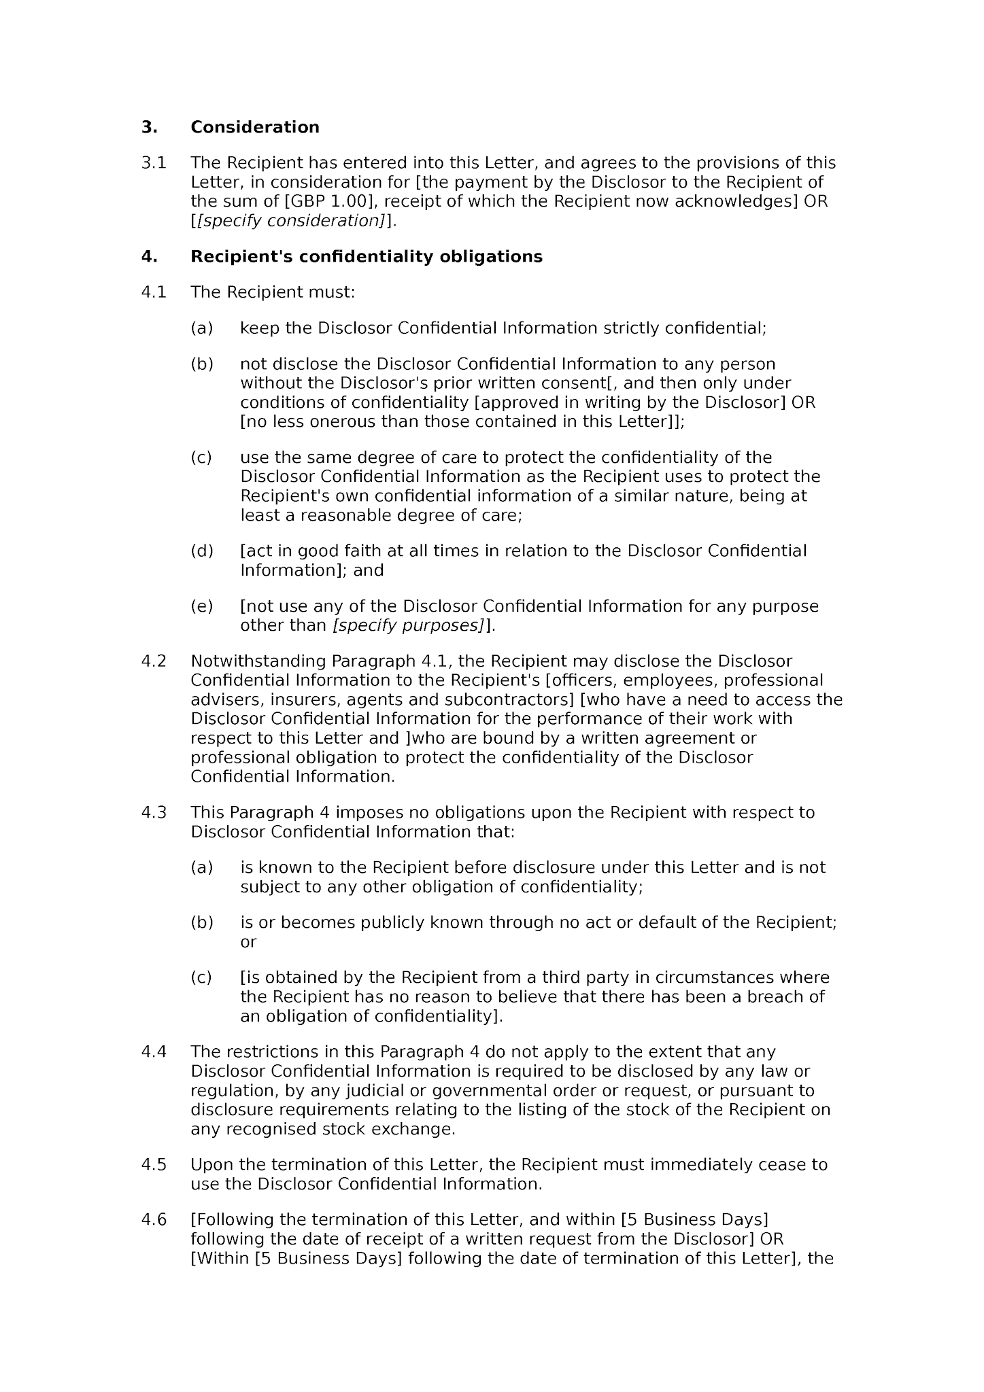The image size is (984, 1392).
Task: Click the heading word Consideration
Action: [x=254, y=127]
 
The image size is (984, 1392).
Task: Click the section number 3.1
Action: [x=154, y=163]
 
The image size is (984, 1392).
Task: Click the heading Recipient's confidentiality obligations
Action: [x=366, y=257]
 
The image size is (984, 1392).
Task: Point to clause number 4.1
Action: [x=154, y=292]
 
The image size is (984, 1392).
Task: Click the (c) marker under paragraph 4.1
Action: [x=201, y=457]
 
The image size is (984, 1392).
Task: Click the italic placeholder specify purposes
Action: [x=408, y=625]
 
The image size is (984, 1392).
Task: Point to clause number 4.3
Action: [x=154, y=813]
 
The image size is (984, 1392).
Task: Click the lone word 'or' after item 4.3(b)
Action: [x=248, y=942]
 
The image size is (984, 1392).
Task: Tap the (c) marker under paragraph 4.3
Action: [x=201, y=978]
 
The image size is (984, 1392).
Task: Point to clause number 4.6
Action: [x=154, y=1220]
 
